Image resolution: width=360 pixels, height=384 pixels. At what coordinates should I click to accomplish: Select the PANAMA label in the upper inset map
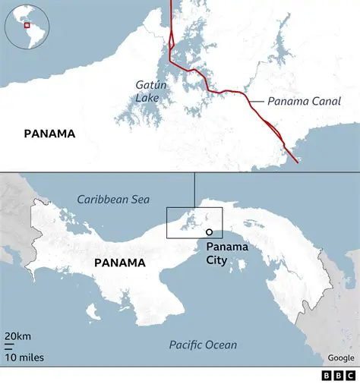point(49,134)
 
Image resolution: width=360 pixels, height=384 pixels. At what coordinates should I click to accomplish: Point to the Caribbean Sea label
point(113,200)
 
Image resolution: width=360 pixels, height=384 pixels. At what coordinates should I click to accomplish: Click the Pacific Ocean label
point(203,345)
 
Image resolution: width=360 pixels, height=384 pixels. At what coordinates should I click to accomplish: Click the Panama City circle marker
point(208,234)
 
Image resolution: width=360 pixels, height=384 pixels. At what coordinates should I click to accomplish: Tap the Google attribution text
point(340,357)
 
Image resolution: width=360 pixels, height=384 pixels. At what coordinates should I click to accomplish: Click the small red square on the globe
point(27,25)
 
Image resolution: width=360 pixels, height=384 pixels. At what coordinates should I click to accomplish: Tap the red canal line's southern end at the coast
point(295,161)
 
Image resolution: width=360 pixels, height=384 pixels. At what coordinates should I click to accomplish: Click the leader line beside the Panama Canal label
point(253,99)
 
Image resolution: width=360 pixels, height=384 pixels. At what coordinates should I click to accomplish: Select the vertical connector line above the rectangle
point(194,190)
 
